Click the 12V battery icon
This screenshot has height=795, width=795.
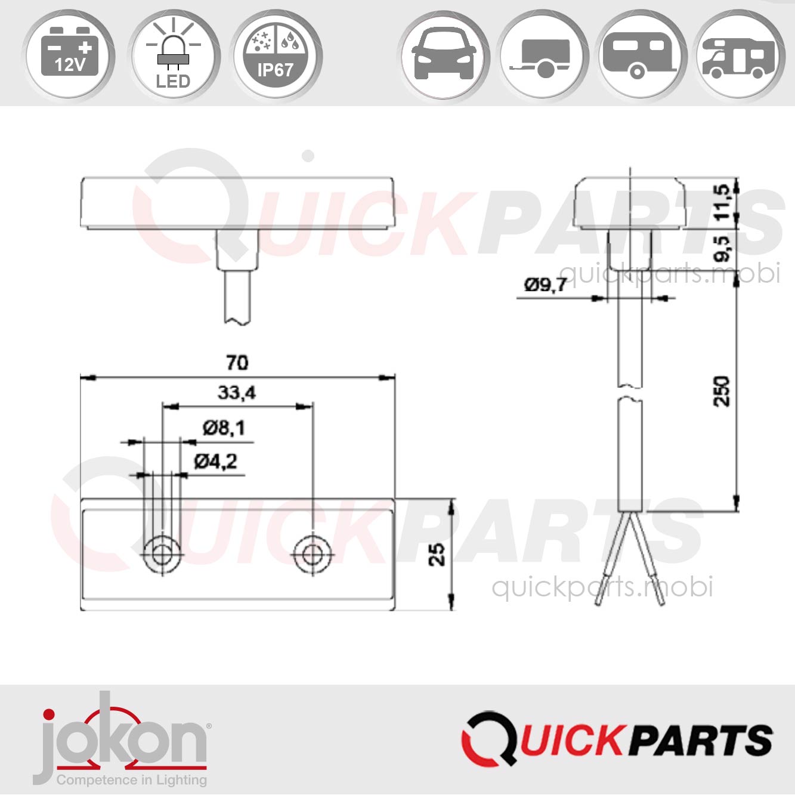[x=70, y=55]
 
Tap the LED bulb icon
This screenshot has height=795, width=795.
[x=173, y=55]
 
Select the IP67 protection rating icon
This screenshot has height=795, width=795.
[x=276, y=55]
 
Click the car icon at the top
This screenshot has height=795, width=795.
[x=444, y=55]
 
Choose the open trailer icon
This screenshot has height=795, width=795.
[x=543, y=55]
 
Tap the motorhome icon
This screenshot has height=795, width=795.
[x=740, y=55]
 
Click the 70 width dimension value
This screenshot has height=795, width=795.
[x=237, y=363]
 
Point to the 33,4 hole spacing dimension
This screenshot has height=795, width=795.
[x=237, y=392]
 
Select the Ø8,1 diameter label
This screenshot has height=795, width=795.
[x=224, y=428]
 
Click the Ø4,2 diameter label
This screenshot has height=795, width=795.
[x=215, y=461]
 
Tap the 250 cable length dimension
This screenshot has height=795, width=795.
[x=722, y=391]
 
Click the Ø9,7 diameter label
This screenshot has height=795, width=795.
[x=545, y=285]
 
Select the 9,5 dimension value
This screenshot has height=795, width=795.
[x=722, y=249]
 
